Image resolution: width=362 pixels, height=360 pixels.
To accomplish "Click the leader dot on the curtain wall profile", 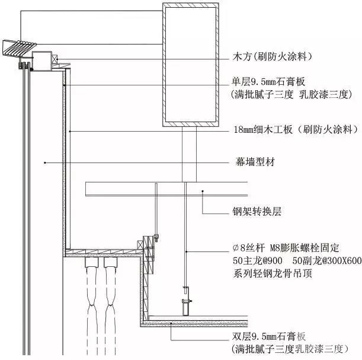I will tap(46, 161).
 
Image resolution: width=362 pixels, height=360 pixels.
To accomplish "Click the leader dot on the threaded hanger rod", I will tap(186, 251).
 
